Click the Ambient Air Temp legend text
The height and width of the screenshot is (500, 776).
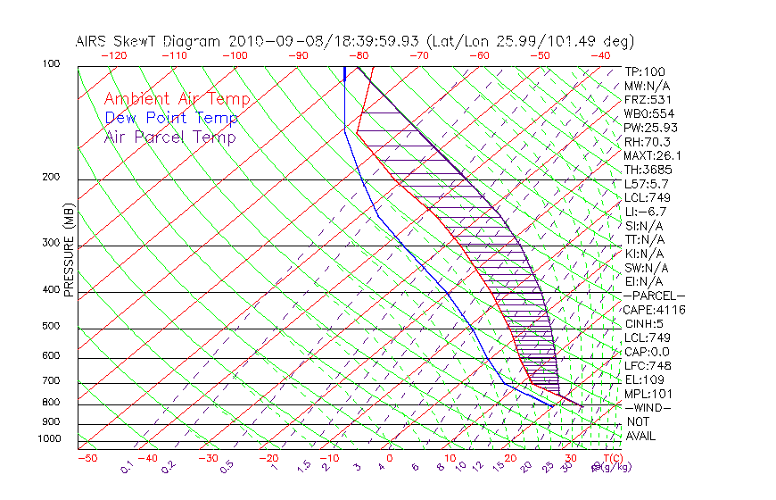click(x=177, y=99)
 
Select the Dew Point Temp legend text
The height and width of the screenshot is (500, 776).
click(x=170, y=118)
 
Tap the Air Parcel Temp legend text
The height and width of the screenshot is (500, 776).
click(x=169, y=137)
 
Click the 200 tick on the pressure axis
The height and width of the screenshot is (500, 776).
click(x=50, y=178)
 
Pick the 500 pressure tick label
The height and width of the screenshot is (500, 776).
click(x=50, y=327)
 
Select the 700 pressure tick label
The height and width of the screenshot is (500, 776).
click(x=50, y=383)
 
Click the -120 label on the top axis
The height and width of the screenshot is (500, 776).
click(x=113, y=54)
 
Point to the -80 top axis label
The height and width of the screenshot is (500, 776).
click(x=359, y=54)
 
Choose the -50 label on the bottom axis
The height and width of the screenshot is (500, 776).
click(x=87, y=458)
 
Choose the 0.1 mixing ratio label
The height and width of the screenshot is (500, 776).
click(x=128, y=467)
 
